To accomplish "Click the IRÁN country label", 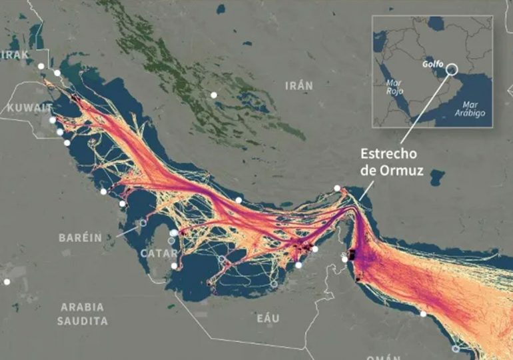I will pos(298,86).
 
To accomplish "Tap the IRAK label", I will pos(15,55).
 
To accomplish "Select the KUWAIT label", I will pos(29,107).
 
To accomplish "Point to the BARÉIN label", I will pos(79,237).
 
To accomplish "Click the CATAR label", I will pos(159,254).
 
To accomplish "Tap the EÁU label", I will pos(268,319).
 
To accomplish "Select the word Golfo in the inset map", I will pos(433,65).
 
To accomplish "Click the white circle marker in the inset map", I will pos(452,69).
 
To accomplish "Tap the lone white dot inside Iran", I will pos(214,95).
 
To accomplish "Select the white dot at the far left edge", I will pos(7,282).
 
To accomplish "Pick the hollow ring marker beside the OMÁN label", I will pos(456,349).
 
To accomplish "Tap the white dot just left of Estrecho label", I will pos(337,188).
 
